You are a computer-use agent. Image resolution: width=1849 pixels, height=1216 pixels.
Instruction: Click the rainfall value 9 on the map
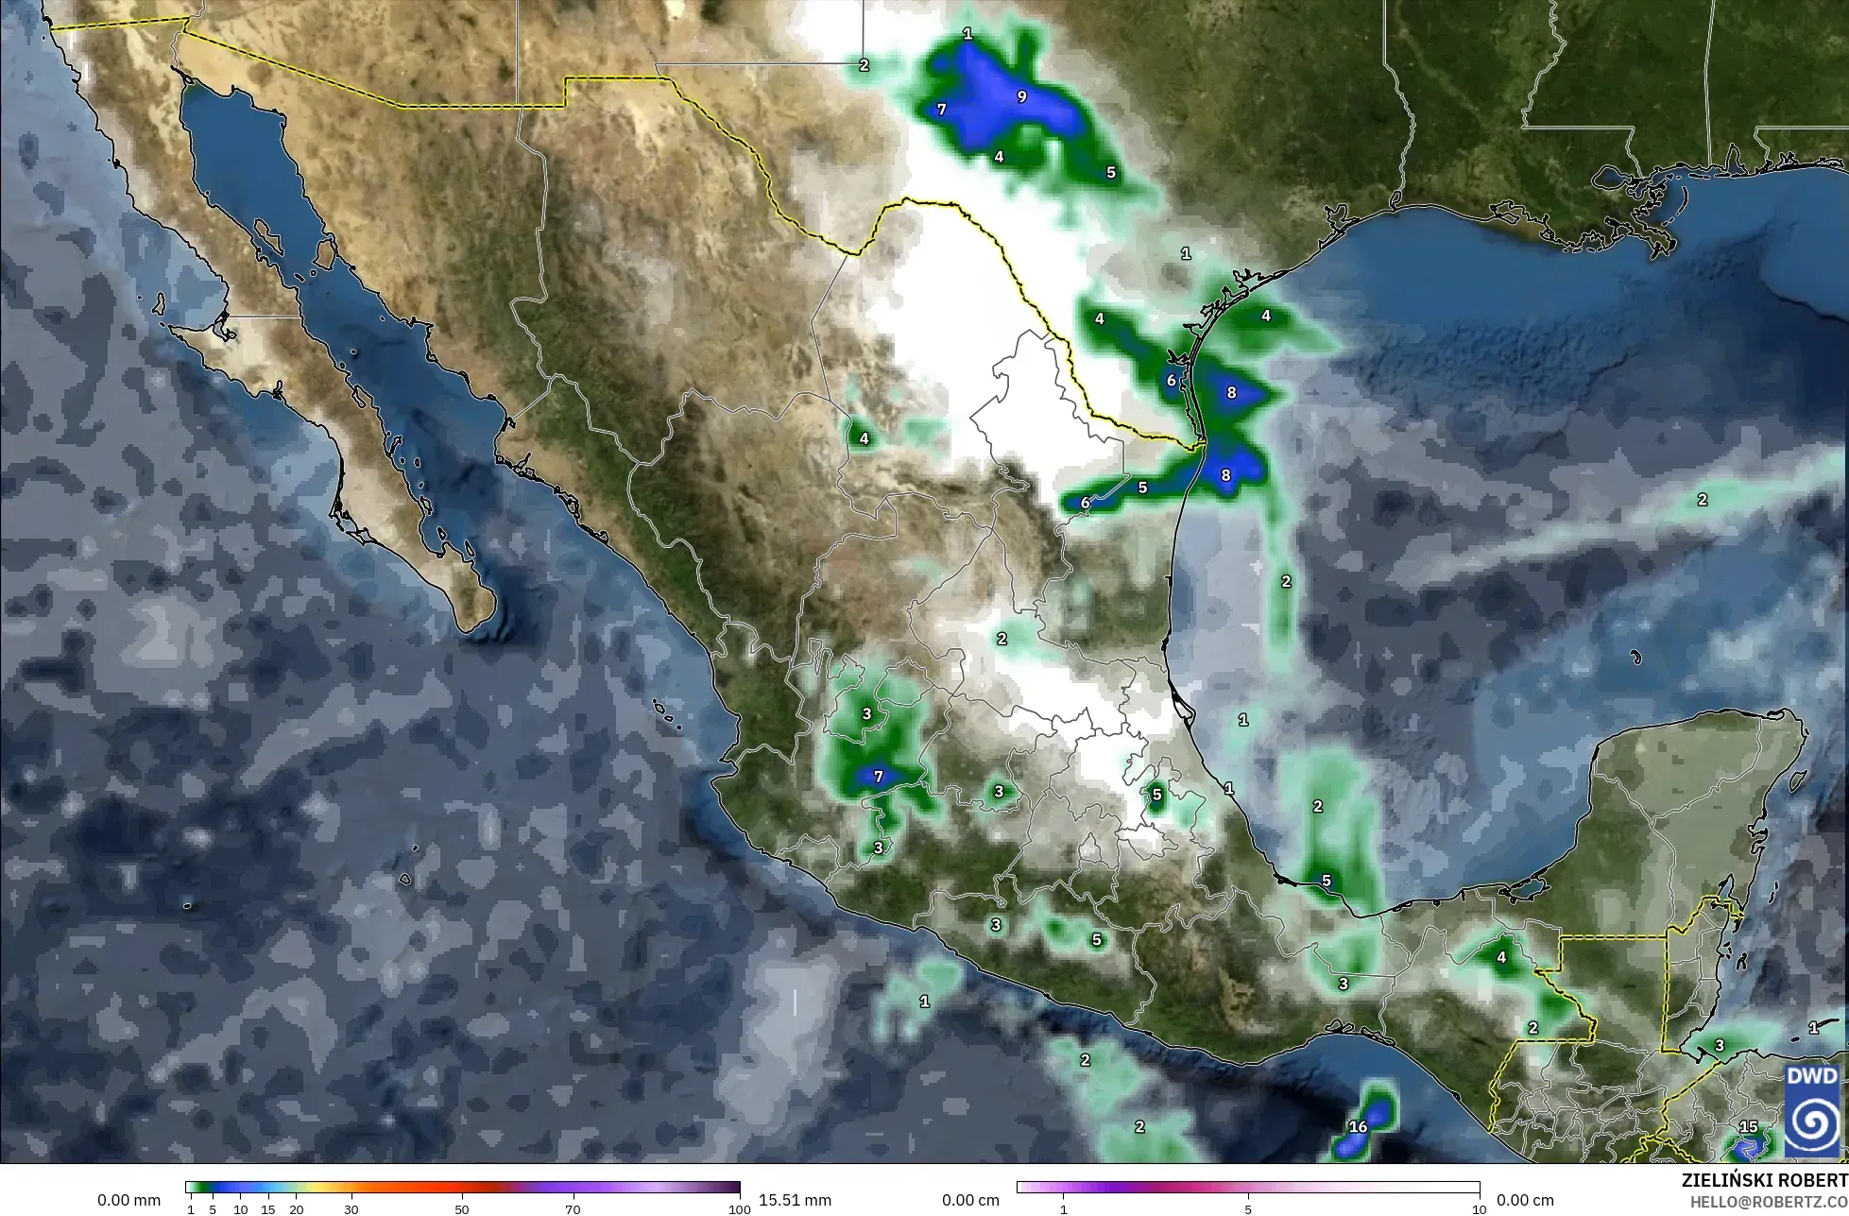pyautogui.click(x=1021, y=96)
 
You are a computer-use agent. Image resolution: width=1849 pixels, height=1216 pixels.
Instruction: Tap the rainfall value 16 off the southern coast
pyautogui.click(x=1358, y=1126)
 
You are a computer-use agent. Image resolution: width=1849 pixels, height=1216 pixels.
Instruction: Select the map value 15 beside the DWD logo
pyautogui.click(x=1749, y=1126)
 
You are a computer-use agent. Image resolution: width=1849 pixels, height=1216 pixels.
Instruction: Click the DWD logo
pyautogui.click(x=1812, y=1109)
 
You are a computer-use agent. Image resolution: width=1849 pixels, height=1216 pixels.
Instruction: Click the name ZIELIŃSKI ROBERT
pyautogui.click(x=1764, y=1180)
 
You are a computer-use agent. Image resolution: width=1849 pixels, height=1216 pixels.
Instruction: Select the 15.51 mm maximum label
pyautogui.click(x=795, y=1200)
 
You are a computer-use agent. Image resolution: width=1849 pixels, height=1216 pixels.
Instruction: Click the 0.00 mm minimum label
pyautogui.click(x=128, y=1200)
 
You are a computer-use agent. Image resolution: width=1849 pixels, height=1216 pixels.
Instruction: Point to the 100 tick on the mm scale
pyautogui.click(x=739, y=1209)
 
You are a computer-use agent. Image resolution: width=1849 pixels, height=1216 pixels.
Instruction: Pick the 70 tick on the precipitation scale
pyautogui.click(x=573, y=1209)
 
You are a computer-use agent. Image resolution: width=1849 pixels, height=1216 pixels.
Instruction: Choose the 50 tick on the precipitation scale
pyautogui.click(x=462, y=1209)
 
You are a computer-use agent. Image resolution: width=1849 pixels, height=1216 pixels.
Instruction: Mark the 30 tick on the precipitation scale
pyautogui.click(x=351, y=1209)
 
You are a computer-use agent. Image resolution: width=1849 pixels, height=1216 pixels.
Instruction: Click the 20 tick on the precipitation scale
pyautogui.click(x=297, y=1209)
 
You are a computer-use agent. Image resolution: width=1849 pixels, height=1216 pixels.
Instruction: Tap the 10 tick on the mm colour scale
pyautogui.click(x=241, y=1209)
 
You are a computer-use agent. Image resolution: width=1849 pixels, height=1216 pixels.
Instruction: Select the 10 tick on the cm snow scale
pyautogui.click(x=1479, y=1209)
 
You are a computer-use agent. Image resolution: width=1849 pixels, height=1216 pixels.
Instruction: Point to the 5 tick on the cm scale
pyautogui.click(x=1248, y=1209)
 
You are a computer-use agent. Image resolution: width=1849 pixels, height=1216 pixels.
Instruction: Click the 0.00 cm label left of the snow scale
pyautogui.click(x=970, y=1200)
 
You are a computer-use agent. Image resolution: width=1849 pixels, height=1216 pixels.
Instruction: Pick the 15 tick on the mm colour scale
pyautogui.click(x=268, y=1209)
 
